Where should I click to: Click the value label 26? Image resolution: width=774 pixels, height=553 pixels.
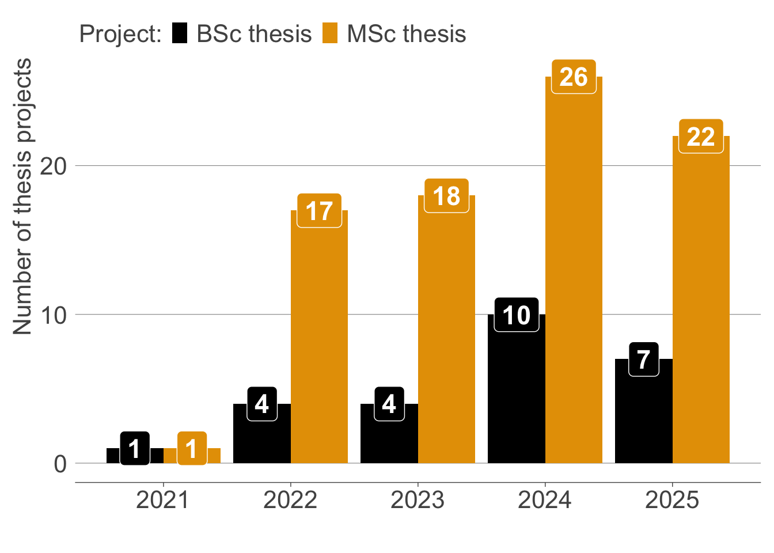pyautogui.click(x=574, y=77)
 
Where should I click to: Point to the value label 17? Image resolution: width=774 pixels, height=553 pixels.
pyautogui.click(x=319, y=211)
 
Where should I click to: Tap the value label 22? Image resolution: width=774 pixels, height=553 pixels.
pyautogui.click(x=701, y=137)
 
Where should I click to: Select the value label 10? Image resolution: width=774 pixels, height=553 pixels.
pyautogui.click(x=516, y=315)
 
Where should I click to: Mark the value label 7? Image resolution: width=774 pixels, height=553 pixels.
pyautogui.click(x=643, y=360)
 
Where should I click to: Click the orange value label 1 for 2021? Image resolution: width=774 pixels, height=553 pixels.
pyautogui.click(x=192, y=449)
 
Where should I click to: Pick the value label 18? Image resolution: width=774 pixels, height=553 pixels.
pyautogui.click(x=446, y=196)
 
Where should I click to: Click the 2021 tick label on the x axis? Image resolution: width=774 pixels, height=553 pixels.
pyautogui.click(x=163, y=500)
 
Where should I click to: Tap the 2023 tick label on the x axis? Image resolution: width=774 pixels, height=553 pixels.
pyautogui.click(x=418, y=500)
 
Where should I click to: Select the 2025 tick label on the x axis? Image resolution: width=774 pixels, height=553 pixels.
pyautogui.click(x=672, y=500)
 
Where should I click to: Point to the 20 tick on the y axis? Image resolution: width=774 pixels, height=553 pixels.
pyautogui.click(x=54, y=166)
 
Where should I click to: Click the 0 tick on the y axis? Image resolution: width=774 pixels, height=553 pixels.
pyautogui.click(x=60, y=464)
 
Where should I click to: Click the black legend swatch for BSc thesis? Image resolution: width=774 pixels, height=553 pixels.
pyautogui.click(x=180, y=33)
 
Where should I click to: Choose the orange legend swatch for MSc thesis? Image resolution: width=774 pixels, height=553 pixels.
pyautogui.click(x=330, y=33)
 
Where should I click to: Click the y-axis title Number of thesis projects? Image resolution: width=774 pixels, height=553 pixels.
pyautogui.click(x=23, y=196)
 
